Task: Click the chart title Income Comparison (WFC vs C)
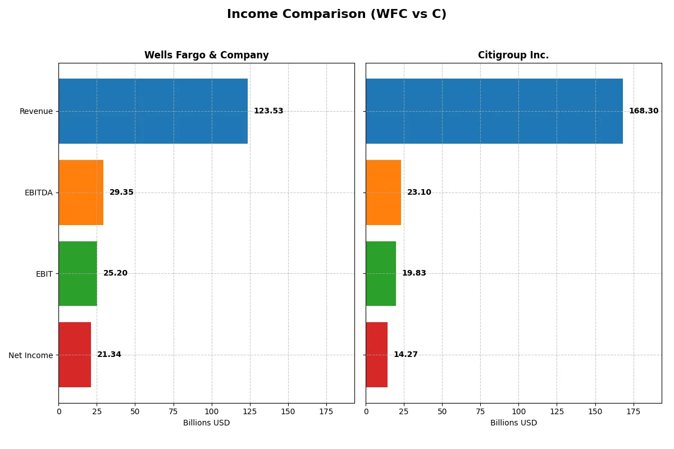(336, 15)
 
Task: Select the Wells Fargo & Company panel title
(206, 55)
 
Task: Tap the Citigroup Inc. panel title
(513, 55)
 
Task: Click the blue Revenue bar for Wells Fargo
(153, 111)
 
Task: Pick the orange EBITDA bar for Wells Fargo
(81, 193)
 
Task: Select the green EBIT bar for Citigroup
(381, 273)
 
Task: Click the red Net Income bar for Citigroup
(376, 355)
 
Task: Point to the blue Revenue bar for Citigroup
(494, 111)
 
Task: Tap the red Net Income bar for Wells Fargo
(75, 355)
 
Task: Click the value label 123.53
(268, 111)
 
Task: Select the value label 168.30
(643, 111)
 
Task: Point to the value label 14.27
(405, 355)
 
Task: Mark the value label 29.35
(121, 193)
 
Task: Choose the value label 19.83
(414, 273)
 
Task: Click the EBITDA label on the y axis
(38, 193)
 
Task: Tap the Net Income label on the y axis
(31, 355)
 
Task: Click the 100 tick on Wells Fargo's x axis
(212, 411)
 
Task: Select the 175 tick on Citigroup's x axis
(634, 411)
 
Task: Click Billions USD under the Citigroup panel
(513, 423)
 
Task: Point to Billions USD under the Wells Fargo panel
(206, 423)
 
